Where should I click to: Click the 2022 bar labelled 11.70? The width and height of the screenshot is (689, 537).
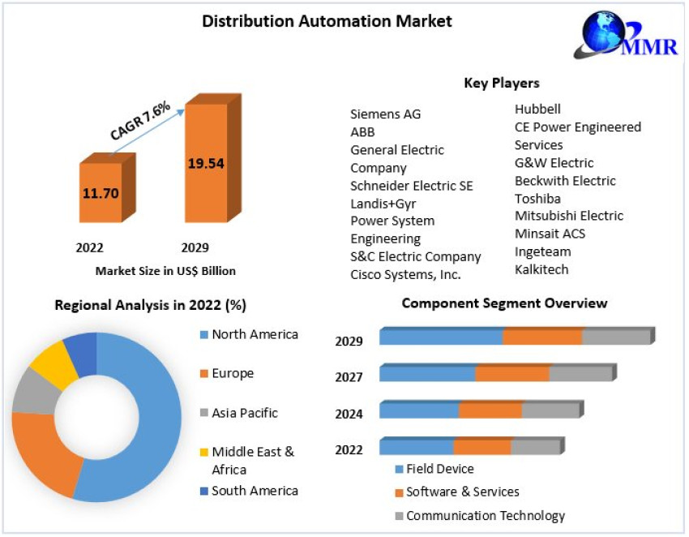101,193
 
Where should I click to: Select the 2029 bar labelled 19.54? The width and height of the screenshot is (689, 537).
206,162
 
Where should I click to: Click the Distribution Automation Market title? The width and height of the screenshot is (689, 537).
327,21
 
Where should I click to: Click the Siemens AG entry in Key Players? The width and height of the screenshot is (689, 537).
385,114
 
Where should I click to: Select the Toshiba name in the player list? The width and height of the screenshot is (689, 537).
537,199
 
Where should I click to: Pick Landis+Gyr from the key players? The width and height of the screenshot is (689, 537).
383,204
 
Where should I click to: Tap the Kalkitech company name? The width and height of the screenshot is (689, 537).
541,269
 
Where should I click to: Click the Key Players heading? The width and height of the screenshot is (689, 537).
502,83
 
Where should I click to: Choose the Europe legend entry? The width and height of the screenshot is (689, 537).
232,374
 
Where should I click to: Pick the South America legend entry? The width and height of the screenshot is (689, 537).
254,491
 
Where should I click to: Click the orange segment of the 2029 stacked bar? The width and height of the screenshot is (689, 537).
542,336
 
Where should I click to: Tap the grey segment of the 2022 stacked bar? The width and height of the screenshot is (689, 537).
535,447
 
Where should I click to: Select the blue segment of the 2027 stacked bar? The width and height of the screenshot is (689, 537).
427,373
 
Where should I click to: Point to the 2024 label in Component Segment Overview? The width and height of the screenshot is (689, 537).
349,415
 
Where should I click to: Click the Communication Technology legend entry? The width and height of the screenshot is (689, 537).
485,516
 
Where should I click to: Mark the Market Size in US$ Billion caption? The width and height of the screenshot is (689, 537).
165,271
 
